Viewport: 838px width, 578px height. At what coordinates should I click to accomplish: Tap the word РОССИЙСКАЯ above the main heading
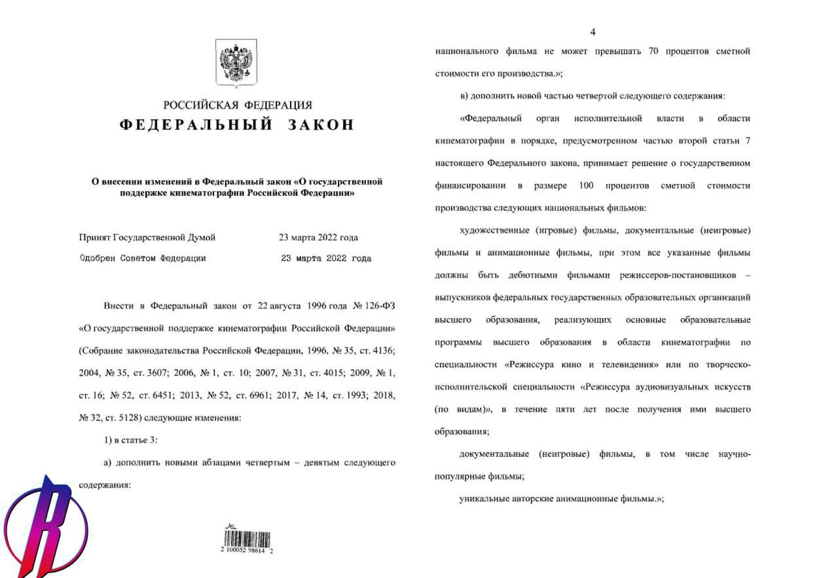tap(200, 105)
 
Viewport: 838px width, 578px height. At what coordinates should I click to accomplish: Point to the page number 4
tap(592, 32)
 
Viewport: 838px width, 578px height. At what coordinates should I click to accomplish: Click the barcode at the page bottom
tap(247, 539)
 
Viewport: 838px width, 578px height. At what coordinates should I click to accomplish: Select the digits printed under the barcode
tap(247, 551)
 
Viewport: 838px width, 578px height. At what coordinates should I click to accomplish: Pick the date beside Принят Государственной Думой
tap(318, 238)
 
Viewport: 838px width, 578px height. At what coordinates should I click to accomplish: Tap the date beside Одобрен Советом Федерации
tap(325, 259)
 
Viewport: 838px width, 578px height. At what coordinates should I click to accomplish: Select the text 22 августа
tap(280, 306)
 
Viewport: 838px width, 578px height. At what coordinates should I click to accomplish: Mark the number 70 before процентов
tap(653, 51)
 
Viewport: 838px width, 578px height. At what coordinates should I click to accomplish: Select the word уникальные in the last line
tap(486, 499)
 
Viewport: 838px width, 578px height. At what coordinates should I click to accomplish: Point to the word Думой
tap(200, 238)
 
